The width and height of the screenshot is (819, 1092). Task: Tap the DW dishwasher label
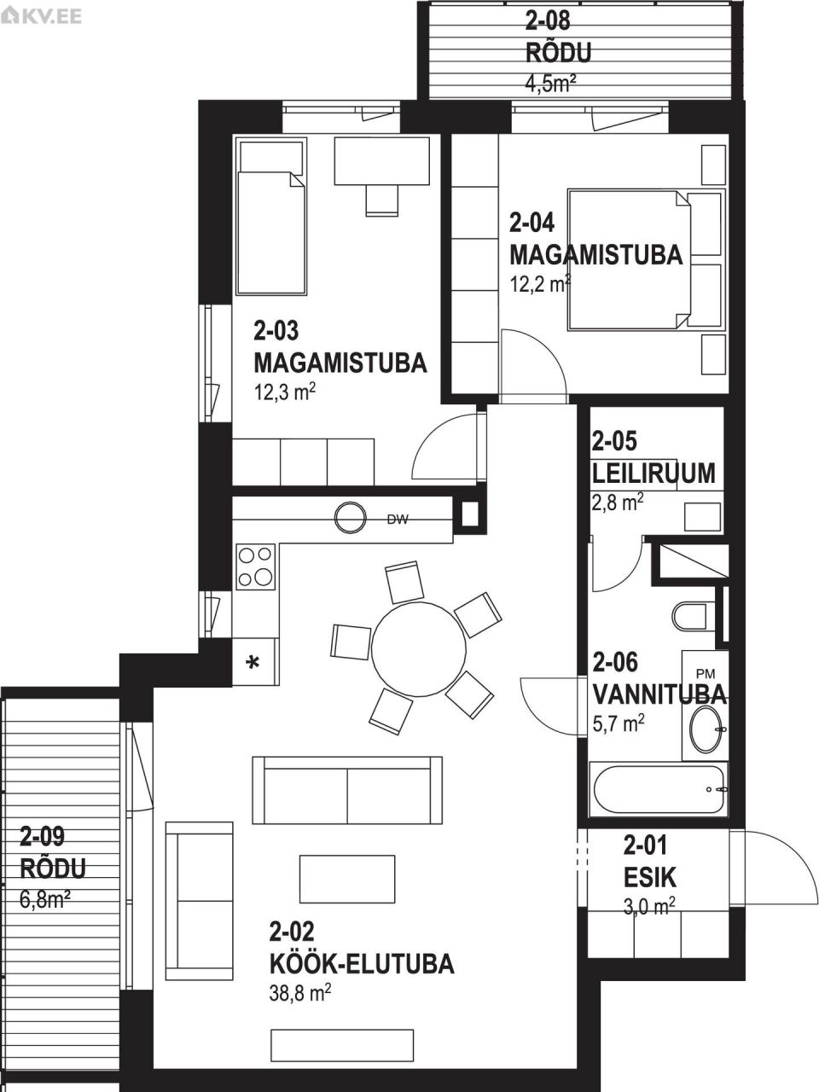tap(397, 519)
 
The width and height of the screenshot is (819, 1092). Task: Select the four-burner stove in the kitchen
tap(256, 566)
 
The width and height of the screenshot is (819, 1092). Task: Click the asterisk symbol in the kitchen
tap(253, 663)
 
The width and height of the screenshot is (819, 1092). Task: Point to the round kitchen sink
tap(350, 517)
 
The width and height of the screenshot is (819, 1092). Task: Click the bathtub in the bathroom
tap(659, 789)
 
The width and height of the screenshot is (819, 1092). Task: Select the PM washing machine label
tap(706, 673)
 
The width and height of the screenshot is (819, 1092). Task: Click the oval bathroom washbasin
tap(707, 729)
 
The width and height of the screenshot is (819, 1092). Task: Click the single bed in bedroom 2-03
tap(271, 220)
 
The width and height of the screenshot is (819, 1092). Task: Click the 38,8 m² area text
tap(299, 993)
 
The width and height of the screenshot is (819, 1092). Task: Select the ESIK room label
tap(649, 877)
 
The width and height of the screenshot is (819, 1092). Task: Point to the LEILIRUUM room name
tap(653, 473)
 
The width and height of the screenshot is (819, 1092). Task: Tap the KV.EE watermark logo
tap(42, 15)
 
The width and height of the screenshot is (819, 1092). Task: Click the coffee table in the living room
tap(347, 879)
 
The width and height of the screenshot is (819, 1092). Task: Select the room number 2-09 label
tap(43, 835)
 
